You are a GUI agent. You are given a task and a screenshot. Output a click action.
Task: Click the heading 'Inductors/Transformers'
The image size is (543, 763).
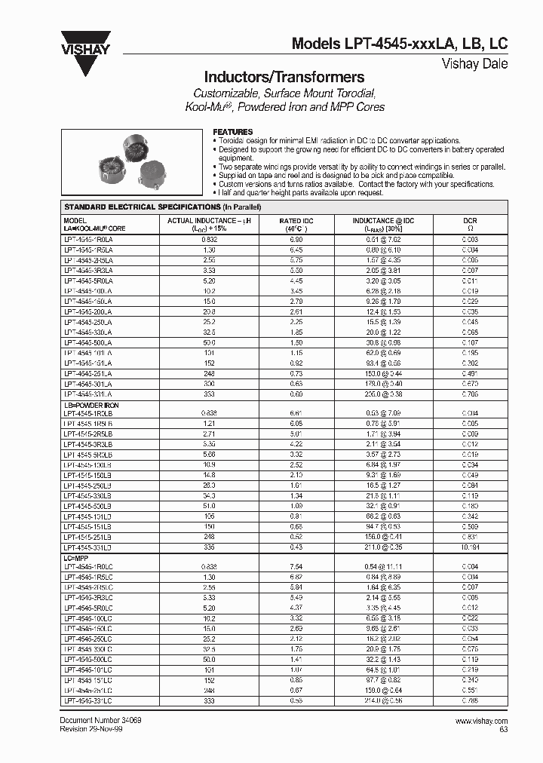[284, 77]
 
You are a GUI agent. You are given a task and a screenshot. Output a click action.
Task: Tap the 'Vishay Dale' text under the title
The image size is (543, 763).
[474, 64]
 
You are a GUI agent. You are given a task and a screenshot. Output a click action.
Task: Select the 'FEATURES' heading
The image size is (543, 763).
[233, 132]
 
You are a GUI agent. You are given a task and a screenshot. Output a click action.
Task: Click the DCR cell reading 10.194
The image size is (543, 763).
[469, 547]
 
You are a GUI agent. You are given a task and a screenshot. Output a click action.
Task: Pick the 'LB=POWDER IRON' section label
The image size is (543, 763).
[91, 406]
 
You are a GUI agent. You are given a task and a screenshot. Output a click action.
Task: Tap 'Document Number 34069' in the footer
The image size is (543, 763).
[100, 721]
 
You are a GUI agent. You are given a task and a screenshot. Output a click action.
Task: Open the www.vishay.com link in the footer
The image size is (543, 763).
[481, 722]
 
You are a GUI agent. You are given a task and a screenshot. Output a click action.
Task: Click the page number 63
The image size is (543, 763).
[502, 730]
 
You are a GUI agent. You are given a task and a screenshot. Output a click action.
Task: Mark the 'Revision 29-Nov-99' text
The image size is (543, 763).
[94, 729]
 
